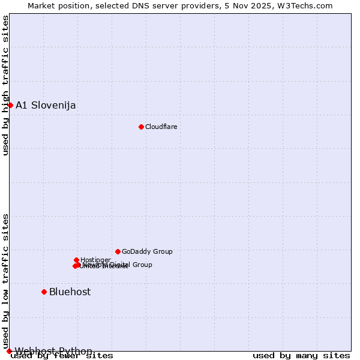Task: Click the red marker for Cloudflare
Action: (141, 127)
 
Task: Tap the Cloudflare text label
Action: (161, 127)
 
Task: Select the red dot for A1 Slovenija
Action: (10, 105)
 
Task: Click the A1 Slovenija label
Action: (46, 106)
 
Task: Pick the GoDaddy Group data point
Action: (118, 251)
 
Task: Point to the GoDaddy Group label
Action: (147, 252)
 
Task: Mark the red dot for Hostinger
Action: (77, 260)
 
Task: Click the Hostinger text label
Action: (95, 260)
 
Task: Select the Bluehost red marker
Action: (44, 292)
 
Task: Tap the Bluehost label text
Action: (70, 292)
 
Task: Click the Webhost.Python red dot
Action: (9, 351)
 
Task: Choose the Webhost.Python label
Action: (53, 351)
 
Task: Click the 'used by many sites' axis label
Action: (301, 356)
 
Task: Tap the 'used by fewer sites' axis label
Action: (62, 356)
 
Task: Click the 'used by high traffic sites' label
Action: (5, 85)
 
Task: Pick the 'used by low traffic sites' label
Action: (5, 280)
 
